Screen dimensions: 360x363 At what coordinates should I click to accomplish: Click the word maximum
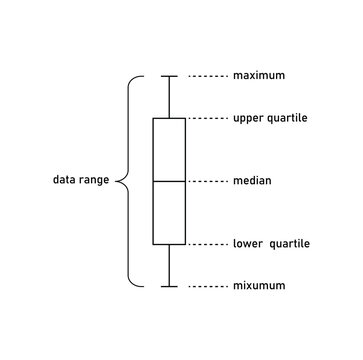(x=259, y=75)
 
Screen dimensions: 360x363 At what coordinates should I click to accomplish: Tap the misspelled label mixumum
(x=259, y=286)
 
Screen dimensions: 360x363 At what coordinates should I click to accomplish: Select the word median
(x=253, y=181)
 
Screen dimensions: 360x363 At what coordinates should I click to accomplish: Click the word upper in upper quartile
(x=250, y=119)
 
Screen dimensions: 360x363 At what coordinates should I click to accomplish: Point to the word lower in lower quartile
(x=250, y=244)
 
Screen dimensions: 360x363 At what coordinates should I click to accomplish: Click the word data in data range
(x=66, y=181)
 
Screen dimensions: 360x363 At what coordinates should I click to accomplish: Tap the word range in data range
(x=96, y=182)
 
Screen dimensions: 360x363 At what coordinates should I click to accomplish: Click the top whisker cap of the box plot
(x=170, y=75)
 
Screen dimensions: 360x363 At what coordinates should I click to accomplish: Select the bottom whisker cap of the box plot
(x=170, y=286)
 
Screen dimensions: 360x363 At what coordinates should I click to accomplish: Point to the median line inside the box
(x=170, y=181)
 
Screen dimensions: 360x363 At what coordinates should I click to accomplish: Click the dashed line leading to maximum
(x=207, y=75)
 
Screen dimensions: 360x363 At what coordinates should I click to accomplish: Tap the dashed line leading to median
(x=207, y=181)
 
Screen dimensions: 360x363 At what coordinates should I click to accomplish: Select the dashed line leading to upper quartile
(x=207, y=119)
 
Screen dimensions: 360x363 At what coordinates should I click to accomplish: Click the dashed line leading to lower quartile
(x=207, y=244)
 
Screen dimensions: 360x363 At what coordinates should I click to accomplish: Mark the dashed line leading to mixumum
(x=207, y=286)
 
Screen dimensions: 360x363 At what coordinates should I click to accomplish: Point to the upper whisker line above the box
(x=170, y=97)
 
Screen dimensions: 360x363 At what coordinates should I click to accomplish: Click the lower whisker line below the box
(x=170, y=265)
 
